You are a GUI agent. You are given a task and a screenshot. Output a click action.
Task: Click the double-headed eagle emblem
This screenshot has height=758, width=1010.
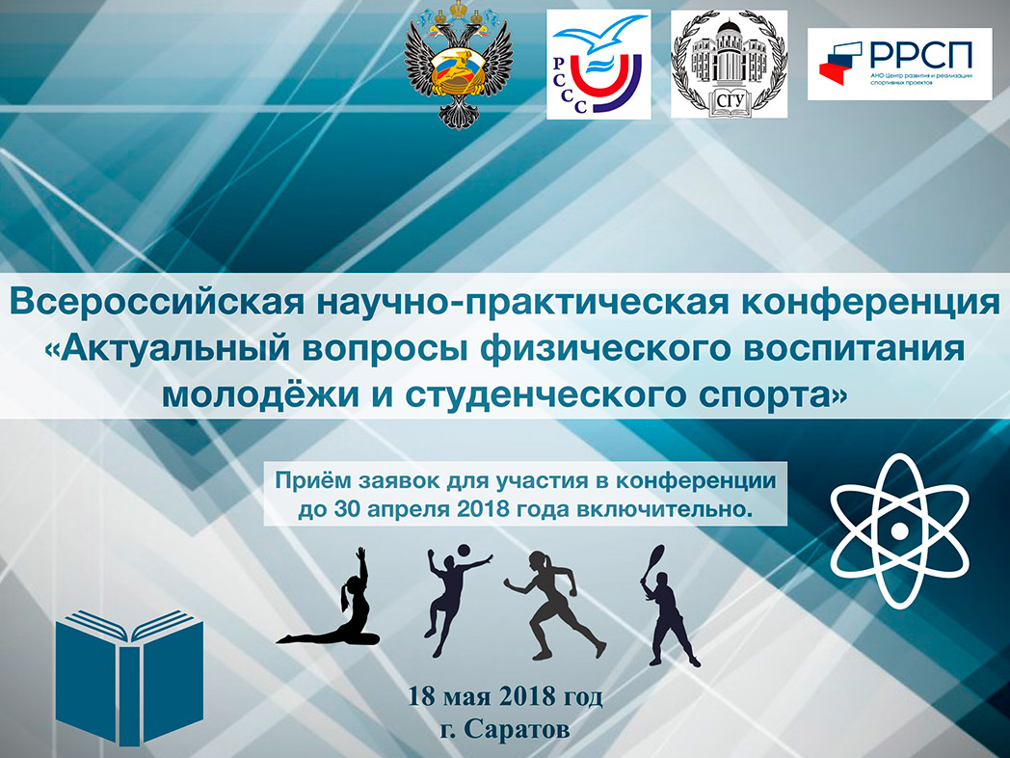pos(458,65)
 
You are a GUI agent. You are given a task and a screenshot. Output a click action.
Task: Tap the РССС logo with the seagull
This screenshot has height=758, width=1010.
pos(598,65)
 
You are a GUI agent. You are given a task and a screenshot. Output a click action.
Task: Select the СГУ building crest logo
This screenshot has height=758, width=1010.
pos(729,65)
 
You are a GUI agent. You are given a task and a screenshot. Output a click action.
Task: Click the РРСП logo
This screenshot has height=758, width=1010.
pos(899,64)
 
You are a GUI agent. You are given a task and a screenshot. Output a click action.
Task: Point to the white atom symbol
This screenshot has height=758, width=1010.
pos(899,530)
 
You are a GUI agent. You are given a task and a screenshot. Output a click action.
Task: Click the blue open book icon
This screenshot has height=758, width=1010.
pos(129,677)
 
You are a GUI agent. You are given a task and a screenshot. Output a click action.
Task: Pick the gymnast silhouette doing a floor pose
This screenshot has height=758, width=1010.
pos(330,598)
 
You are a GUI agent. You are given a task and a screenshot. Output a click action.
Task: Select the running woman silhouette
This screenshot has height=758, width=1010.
pos(555,605)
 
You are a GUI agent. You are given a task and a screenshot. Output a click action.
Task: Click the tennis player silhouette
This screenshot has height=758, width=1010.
pos(668,606)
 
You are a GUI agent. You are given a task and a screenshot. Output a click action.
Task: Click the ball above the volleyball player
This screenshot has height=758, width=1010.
pos(464,551)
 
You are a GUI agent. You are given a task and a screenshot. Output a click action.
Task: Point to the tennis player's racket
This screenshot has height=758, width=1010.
pos(653,562)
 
